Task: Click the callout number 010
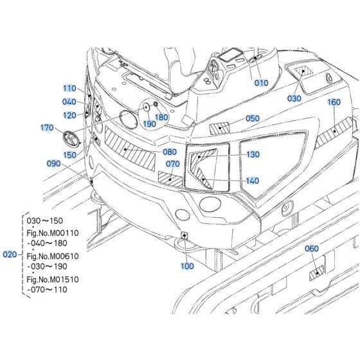(261, 83)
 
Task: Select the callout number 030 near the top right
(294, 98)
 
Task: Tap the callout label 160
(334, 102)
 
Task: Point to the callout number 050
(253, 118)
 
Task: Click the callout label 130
(253, 154)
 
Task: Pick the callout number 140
(252, 181)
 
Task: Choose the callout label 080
(170, 152)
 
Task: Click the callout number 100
(187, 266)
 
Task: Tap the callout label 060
(312, 248)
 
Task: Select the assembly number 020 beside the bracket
(10, 255)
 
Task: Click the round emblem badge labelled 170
(71, 138)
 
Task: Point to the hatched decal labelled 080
(130, 148)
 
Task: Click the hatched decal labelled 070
(170, 179)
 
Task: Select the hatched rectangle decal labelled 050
(219, 129)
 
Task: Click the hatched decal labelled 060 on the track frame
(316, 273)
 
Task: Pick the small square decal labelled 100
(184, 235)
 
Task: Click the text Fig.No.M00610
(53, 256)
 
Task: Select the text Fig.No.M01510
(53, 280)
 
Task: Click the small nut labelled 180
(155, 104)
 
